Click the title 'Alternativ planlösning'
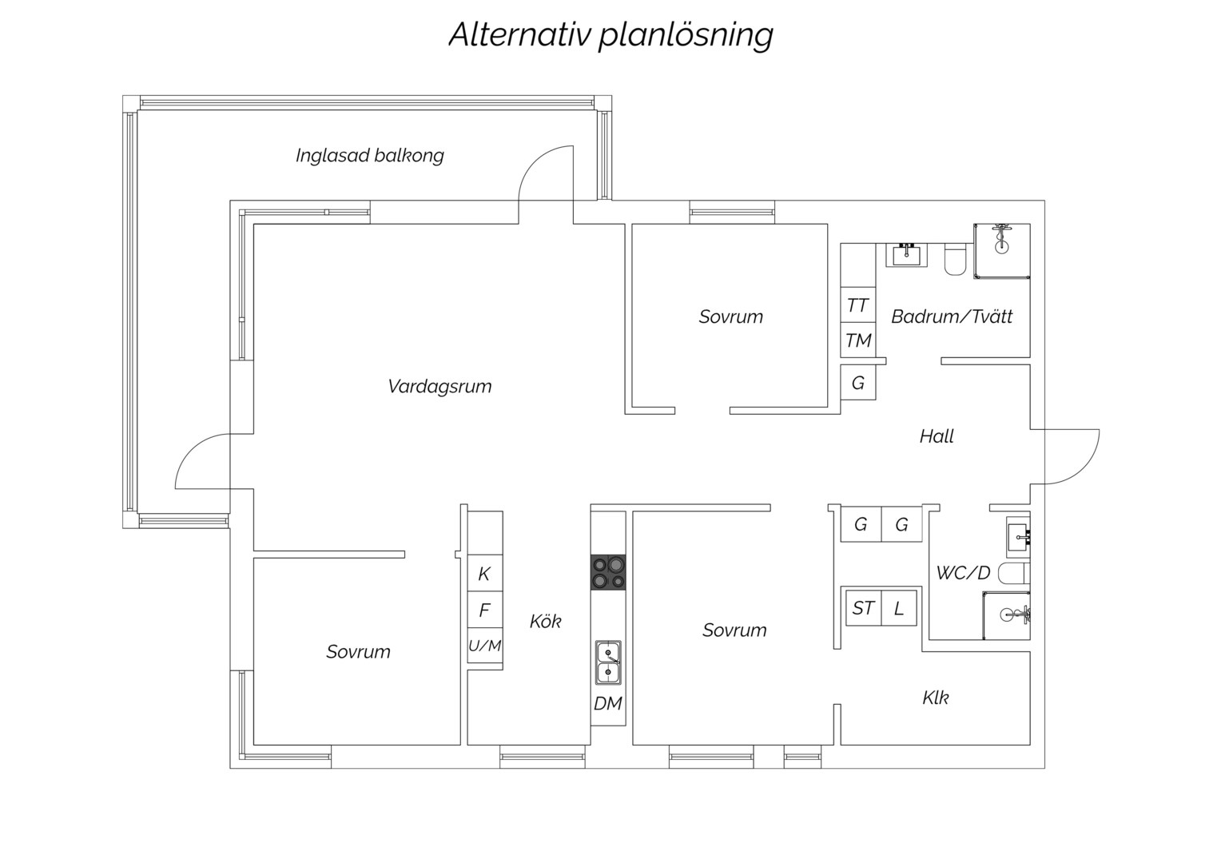point(610,35)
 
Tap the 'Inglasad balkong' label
point(369,156)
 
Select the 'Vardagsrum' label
point(439,387)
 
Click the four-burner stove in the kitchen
point(608,572)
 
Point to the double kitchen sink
point(608,662)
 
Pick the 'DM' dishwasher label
point(608,704)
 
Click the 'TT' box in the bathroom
point(857,305)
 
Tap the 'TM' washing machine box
point(857,340)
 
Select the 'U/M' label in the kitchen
point(484,646)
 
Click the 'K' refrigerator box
point(485,573)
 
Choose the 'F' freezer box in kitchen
point(485,610)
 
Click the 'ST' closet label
point(864,608)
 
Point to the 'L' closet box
point(899,608)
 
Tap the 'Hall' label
point(937,436)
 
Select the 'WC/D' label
point(963,573)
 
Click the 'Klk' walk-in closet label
point(936,698)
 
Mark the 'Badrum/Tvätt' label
point(952,316)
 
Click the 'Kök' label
point(545,621)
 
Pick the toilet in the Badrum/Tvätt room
point(955,259)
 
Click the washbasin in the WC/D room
point(1018,537)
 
